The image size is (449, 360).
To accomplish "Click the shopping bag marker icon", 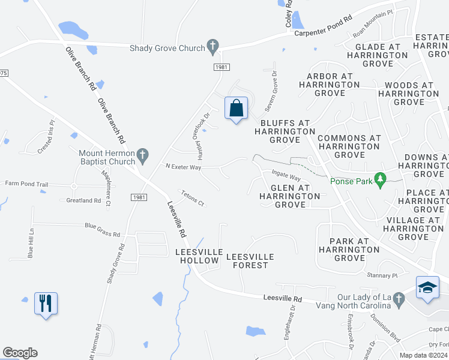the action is click(x=237, y=109).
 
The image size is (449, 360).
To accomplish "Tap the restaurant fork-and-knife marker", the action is click(x=46, y=304).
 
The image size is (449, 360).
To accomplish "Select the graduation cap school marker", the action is click(x=428, y=287).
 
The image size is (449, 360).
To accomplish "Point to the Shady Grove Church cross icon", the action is click(x=212, y=45).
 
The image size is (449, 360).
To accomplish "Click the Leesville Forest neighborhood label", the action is click(x=250, y=261).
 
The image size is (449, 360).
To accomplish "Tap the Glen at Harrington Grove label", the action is click(x=290, y=196).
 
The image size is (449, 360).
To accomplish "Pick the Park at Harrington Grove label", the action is click(x=350, y=250).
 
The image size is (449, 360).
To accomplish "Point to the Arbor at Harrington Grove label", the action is click(x=330, y=85).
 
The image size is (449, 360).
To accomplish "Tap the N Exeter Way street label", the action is click(x=183, y=166).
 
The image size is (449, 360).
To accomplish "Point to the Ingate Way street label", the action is click(x=286, y=176).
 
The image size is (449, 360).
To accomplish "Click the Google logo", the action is click(x=20, y=353).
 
